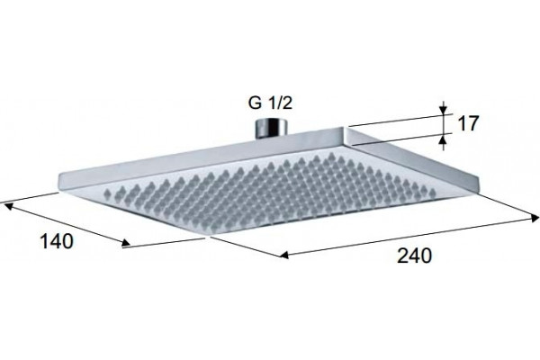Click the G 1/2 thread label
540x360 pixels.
[270, 103]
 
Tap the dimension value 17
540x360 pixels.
[468, 123]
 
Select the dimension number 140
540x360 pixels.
[57, 241]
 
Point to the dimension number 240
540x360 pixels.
[414, 256]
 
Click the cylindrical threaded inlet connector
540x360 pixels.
[270, 128]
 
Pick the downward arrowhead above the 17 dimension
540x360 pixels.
[444, 109]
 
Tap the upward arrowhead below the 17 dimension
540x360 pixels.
[444, 139]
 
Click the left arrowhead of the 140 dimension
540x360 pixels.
[9, 206]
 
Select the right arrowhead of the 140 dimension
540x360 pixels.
[126, 244]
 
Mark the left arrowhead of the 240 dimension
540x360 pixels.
[283, 255]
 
